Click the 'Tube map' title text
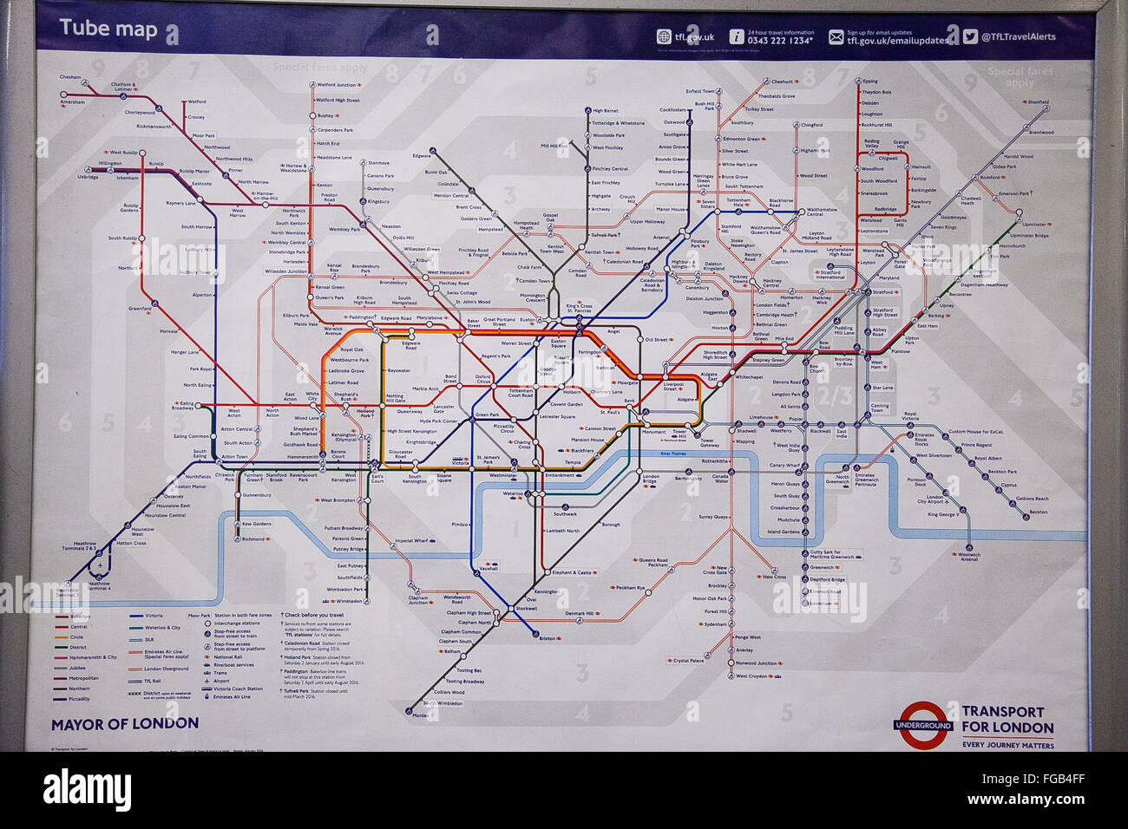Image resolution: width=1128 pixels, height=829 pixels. [x=108, y=29]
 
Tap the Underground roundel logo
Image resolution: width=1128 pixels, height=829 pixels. [x=923, y=725]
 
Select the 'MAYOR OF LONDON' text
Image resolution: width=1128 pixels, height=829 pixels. [x=124, y=723]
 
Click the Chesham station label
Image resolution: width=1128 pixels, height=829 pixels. [x=70, y=77]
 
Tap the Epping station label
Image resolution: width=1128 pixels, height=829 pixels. [x=870, y=82]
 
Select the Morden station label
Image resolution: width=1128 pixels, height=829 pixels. [x=420, y=715]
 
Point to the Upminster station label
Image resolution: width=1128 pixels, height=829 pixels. [x=1033, y=225]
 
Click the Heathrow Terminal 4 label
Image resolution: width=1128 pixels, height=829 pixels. [x=99, y=585]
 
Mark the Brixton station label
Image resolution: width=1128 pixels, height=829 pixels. [x=547, y=638]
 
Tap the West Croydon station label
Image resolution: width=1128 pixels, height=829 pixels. [x=751, y=676]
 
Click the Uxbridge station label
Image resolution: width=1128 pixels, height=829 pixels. [x=88, y=177]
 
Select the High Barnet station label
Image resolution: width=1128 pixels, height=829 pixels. [x=606, y=111]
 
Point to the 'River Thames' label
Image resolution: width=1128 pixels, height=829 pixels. [x=672, y=454]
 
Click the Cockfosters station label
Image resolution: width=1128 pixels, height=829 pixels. [x=672, y=110]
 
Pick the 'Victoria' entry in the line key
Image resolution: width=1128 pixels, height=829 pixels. [x=154, y=616]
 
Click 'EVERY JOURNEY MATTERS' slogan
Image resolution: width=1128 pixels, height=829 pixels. [x=1007, y=745]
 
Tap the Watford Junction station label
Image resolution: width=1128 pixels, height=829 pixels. [x=337, y=85]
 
